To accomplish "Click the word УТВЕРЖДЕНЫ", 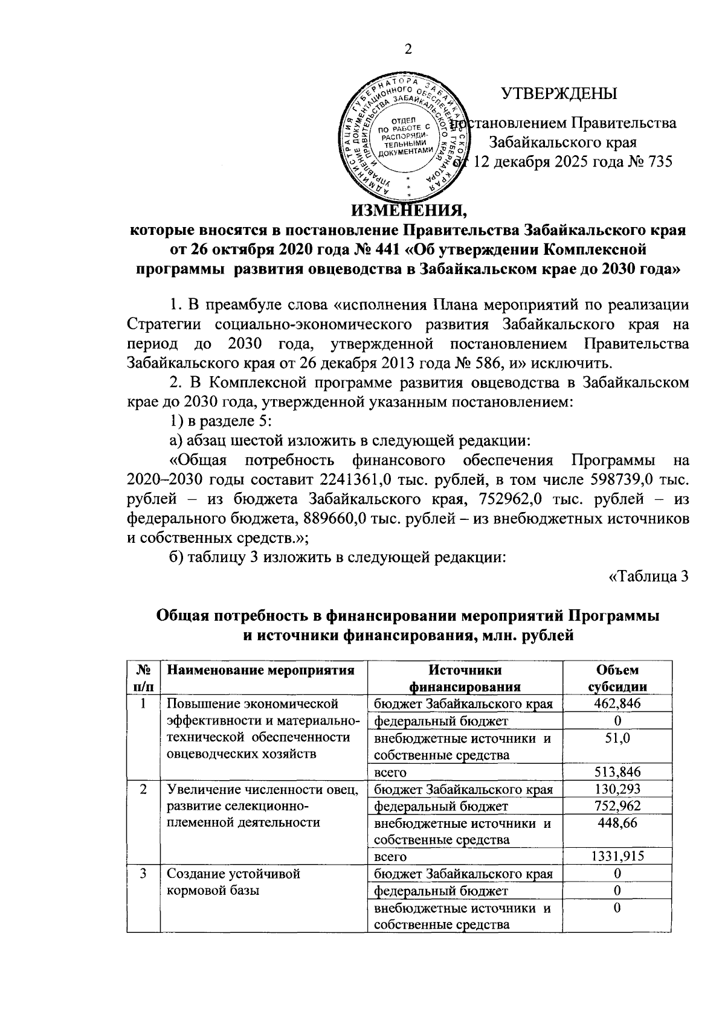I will (560, 94).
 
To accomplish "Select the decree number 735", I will (659, 162).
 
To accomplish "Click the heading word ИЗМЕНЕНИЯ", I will (410, 211).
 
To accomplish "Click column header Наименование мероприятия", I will (260, 670).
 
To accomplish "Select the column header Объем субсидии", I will (617, 678).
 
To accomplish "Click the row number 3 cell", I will (144, 874).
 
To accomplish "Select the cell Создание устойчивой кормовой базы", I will (234, 882).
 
